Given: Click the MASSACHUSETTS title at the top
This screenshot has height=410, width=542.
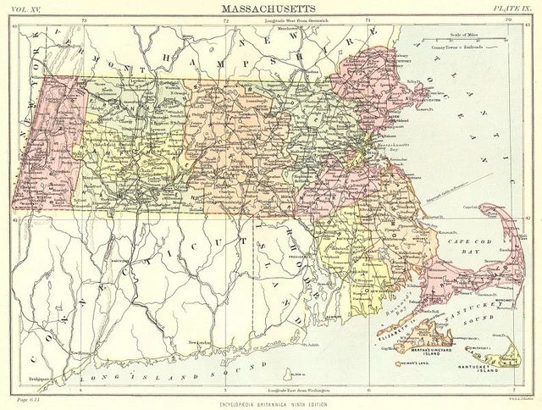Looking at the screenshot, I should tap(270, 8).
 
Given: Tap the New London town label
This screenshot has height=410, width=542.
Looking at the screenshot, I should tap(199, 342).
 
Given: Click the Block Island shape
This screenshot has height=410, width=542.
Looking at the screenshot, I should tap(294, 376).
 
